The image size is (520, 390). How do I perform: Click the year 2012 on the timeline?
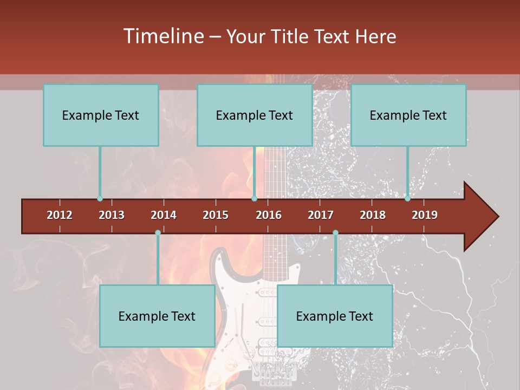(x=60, y=215)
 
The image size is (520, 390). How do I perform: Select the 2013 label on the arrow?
(x=112, y=215)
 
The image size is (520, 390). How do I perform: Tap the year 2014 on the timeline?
(x=164, y=215)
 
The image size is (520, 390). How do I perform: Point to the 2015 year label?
(x=216, y=215)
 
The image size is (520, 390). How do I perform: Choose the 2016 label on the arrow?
(x=269, y=215)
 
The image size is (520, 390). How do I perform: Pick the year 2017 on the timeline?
(x=321, y=215)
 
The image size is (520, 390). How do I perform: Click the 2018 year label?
(x=373, y=215)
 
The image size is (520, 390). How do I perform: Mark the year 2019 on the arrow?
(x=425, y=215)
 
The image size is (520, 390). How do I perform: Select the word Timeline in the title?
(x=162, y=36)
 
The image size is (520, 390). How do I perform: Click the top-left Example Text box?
(x=101, y=115)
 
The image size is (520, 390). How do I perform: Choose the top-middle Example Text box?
(x=255, y=115)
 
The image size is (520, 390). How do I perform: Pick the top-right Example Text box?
(x=408, y=115)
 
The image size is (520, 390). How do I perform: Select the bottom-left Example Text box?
(x=157, y=316)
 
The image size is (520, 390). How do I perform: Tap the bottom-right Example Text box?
(x=335, y=316)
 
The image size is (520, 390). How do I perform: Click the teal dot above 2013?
(x=100, y=199)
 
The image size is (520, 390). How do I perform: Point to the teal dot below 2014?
(x=158, y=233)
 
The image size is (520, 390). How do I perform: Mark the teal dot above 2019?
(x=408, y=199)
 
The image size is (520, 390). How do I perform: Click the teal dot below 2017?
(x=335, y=233)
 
